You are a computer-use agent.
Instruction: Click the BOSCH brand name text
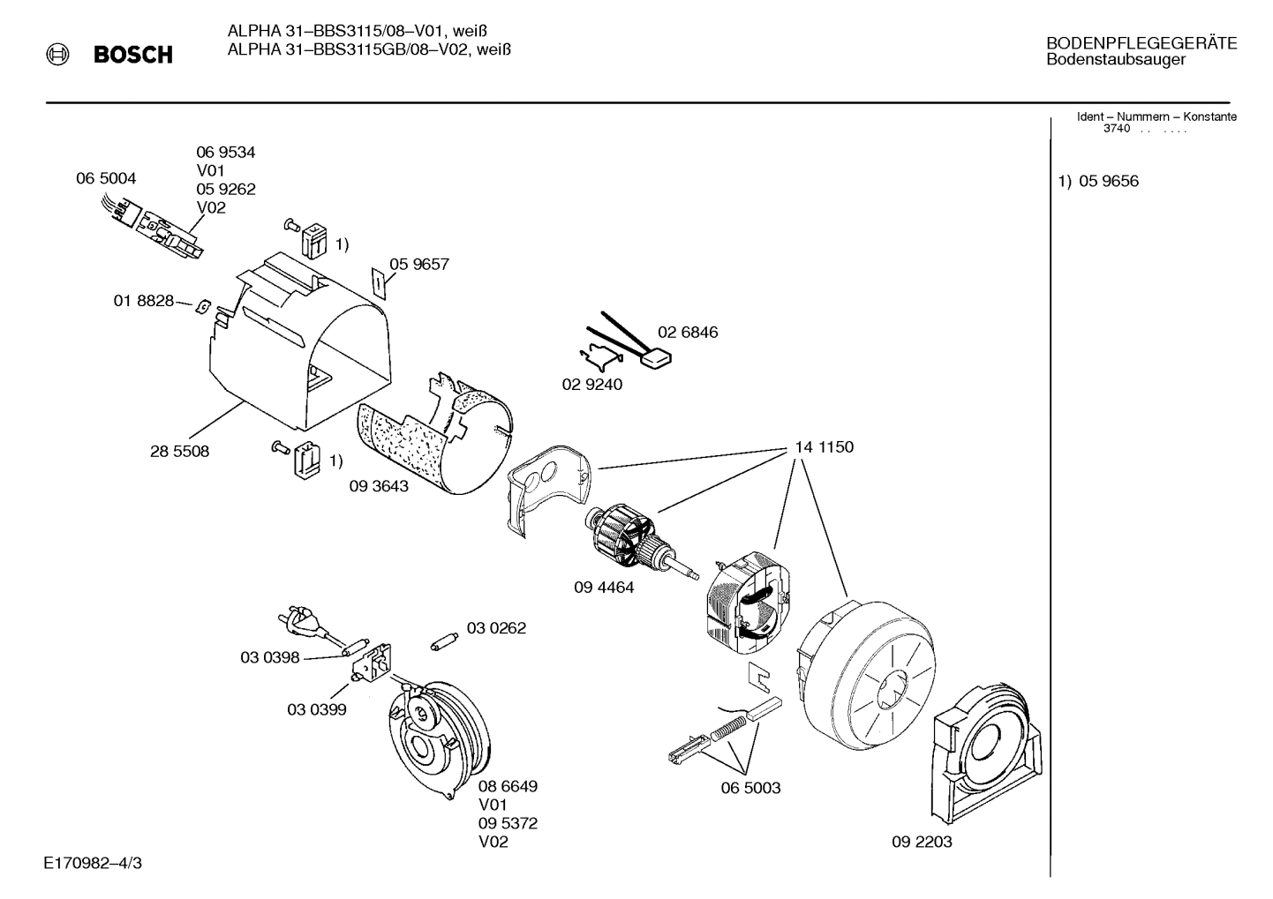[x=132, y=55]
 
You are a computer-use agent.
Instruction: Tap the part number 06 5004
[x=106, y=178]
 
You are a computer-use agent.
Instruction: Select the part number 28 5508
[x=179, y=451]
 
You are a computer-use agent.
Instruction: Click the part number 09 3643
[x=379, y=485]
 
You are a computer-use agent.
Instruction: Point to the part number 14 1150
[x=824, y=447]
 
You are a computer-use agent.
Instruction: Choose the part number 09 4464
[x=604, y=587]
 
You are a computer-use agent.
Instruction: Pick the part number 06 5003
[x=750, y=788]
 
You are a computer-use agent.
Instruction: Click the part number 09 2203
[x=922, y=842]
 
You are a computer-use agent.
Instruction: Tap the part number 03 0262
[x=496, y=628]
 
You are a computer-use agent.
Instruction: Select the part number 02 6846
[x=688, y=333]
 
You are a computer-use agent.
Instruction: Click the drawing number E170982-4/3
[x=92, y=862]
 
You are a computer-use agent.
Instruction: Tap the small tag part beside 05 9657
[x=377, y=282]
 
